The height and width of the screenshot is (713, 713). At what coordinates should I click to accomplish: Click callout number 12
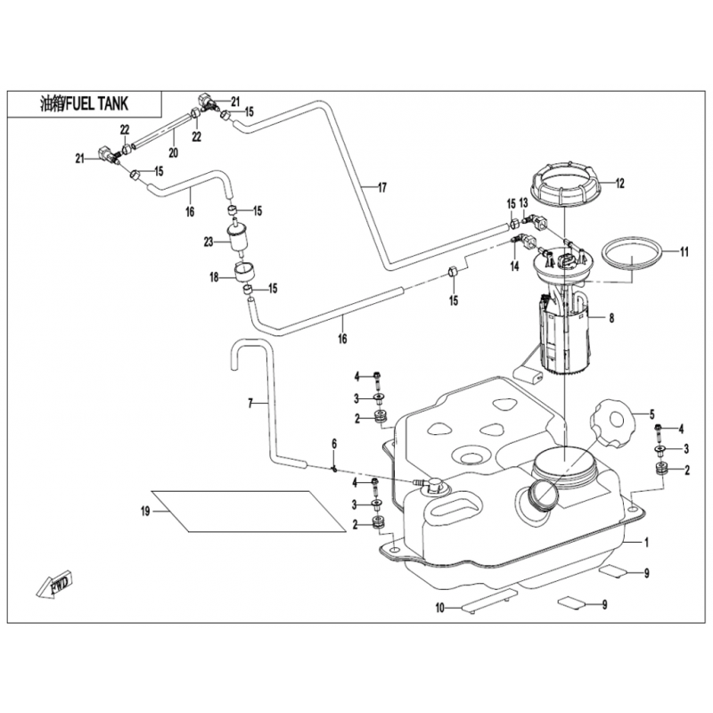[619, 184]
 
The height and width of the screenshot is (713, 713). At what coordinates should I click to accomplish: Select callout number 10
[439, 609]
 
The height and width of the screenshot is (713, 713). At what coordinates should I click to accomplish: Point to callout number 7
[250, 404]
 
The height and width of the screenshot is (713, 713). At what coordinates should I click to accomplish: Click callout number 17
[381, 187]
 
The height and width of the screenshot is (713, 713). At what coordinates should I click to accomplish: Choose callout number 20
[173, 152]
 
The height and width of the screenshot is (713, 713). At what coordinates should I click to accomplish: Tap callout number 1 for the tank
[648, 542]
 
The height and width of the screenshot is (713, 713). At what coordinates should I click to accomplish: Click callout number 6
[334, 444]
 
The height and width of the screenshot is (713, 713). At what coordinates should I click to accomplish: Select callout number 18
[214, 277]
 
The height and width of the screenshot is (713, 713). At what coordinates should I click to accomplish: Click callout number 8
[612, 316]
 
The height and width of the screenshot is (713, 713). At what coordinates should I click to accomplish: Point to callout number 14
[514, 266]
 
